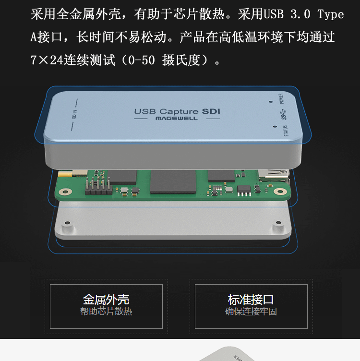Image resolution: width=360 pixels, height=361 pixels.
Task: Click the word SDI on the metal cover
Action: [x=211, y=111]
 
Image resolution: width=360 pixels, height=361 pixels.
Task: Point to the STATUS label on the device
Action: [x=286, y=131]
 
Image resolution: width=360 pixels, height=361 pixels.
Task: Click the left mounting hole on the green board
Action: [x=66, y=192]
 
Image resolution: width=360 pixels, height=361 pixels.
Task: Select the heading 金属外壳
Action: [x=106, y=300]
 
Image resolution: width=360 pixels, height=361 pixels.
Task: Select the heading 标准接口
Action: [x=251, y=300]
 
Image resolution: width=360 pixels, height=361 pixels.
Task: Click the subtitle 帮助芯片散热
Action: [x=106, y=312]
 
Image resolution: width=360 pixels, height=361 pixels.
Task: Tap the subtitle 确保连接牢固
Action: [x=251, y=312]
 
